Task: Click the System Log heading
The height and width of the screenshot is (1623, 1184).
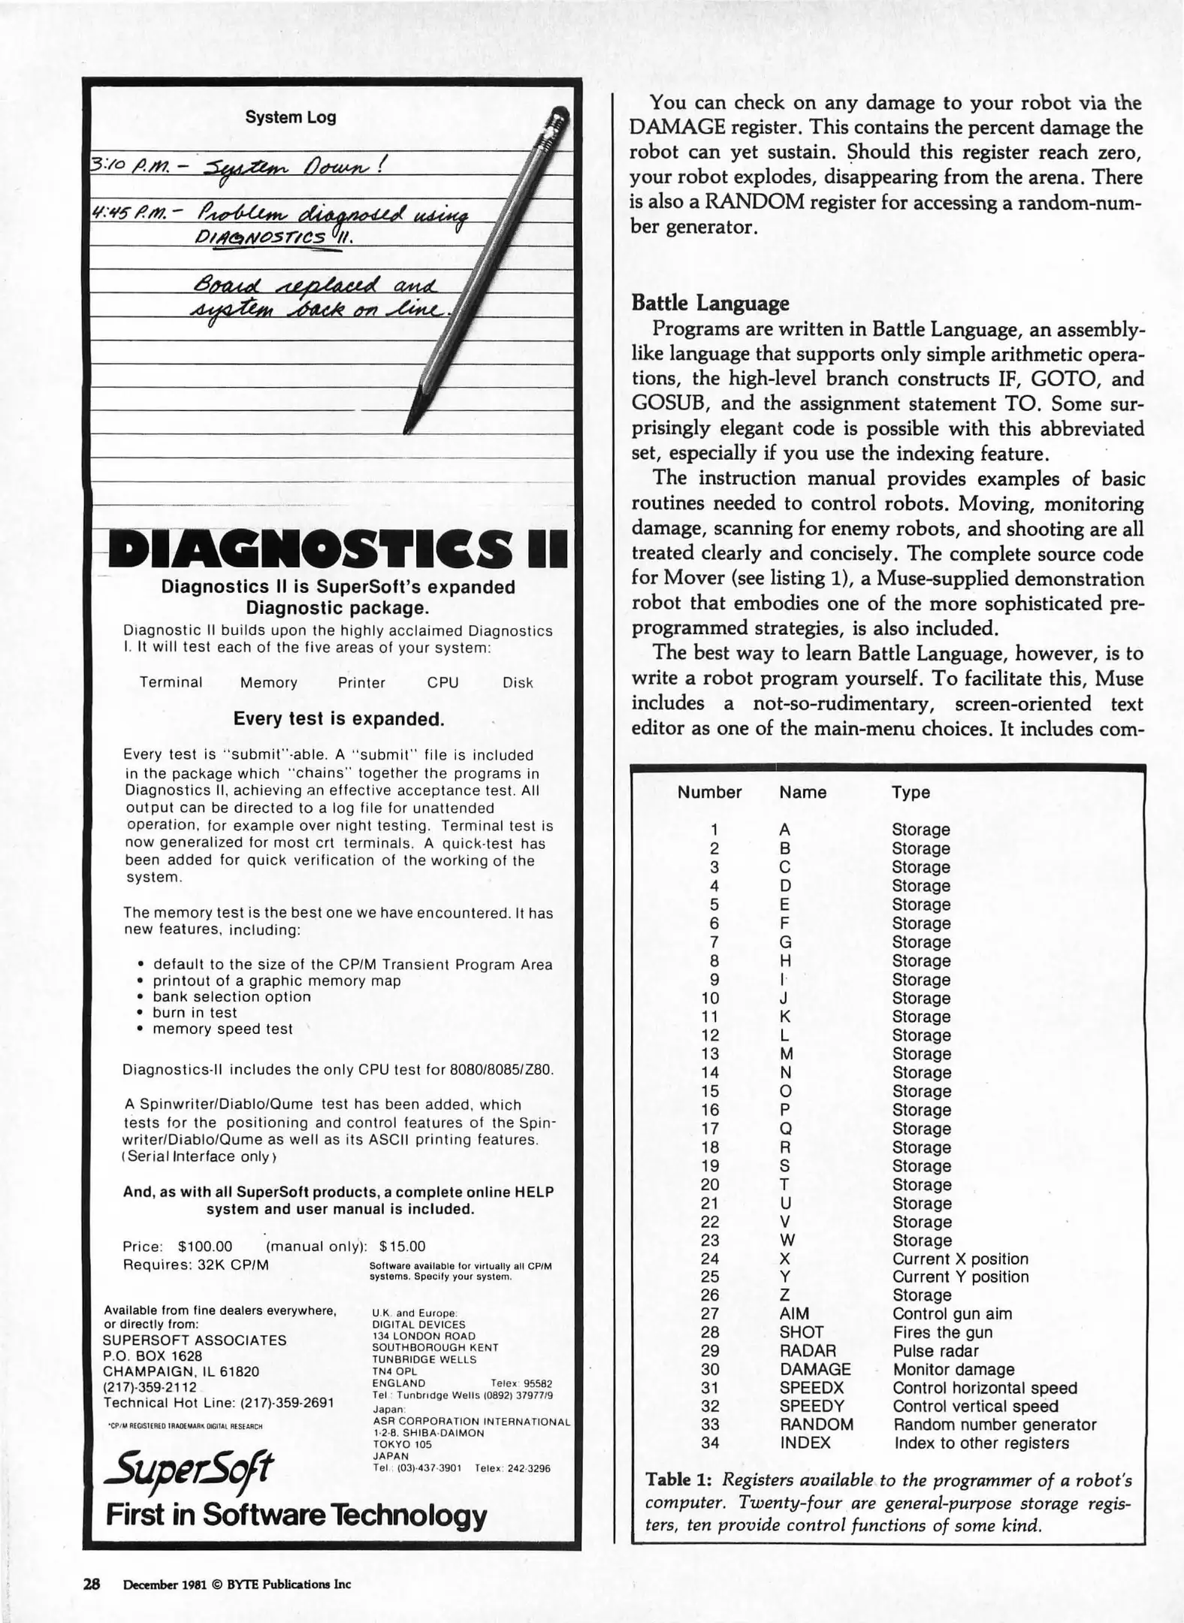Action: (290, 117)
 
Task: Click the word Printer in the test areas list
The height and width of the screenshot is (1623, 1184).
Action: (361, 682)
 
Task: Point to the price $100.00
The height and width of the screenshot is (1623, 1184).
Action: (205, 1247)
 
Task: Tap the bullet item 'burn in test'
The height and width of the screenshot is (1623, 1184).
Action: (195, 1012)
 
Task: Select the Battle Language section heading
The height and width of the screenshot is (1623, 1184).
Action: (710, 303)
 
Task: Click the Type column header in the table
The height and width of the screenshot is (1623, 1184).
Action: (911, 792)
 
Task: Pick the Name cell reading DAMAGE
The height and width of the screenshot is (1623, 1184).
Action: (815, 1369)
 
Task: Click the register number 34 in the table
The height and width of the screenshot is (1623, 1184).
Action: (710, 1443)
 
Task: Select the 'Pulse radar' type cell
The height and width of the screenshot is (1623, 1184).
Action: (935, 1350)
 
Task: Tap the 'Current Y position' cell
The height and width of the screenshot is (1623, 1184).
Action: (960, 1277)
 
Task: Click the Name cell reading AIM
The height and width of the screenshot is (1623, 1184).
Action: (794, 1313)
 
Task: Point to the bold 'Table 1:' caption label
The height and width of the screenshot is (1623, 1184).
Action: (678, 1479)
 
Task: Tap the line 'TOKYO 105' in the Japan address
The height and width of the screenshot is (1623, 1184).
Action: (402, 1443)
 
